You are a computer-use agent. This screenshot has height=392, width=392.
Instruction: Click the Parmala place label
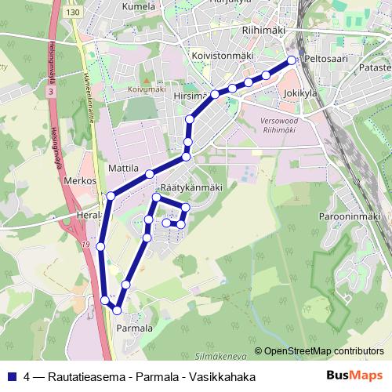[134, 328]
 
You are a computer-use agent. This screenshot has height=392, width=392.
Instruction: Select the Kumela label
[140, 5]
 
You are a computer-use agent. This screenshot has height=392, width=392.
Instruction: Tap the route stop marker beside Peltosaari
[292, 60]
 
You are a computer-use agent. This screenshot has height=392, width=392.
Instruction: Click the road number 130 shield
[74, 13]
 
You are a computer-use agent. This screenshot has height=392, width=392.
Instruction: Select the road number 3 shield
[52, 92]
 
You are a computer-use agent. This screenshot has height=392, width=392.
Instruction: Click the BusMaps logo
[360, 376]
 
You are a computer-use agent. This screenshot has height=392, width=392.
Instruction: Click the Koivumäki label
[147, 89]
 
